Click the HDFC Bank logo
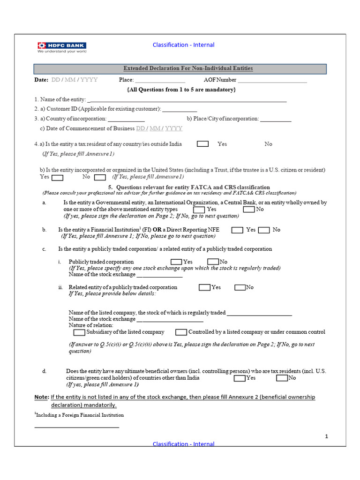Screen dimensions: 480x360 pos(62,47)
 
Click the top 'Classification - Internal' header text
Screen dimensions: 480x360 pos(183,45)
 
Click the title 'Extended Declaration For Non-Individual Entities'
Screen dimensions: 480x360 pos(187,69)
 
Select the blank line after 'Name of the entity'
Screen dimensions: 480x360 pos(187,100)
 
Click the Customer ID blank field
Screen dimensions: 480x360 pos(180,109)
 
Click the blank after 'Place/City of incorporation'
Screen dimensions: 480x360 pos(276,119)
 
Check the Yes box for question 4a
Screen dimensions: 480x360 pos(202,144)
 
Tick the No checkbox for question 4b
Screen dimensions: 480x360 pos(100,177)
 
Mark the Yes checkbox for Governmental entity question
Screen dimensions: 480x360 pos(199,210)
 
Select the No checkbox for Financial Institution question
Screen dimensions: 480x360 pos(264,230)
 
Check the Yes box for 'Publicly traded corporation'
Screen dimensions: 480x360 pos(176,262)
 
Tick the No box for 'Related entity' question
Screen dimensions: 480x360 pos(240,287)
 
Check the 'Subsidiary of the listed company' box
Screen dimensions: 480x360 pos(79,332)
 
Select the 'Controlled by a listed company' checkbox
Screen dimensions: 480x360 pos(181,332)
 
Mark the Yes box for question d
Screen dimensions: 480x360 pos(240,378)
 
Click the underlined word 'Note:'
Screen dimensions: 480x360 pos(41,397)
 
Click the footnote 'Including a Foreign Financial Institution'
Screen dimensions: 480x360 pos(79,415)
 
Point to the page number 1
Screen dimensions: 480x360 pos(326,436)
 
